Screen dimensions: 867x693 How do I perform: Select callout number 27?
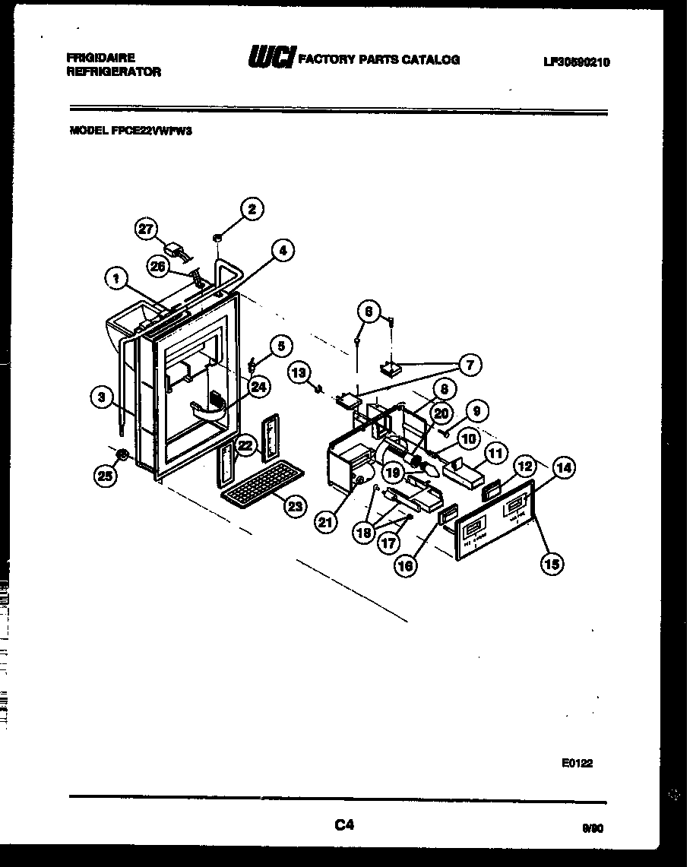point(147,228)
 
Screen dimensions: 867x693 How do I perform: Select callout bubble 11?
point(495,454)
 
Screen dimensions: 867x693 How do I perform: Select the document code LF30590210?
point(576,63)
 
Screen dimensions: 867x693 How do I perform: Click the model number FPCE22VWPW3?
point(130,130)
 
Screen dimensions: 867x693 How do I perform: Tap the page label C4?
point(345,824)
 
